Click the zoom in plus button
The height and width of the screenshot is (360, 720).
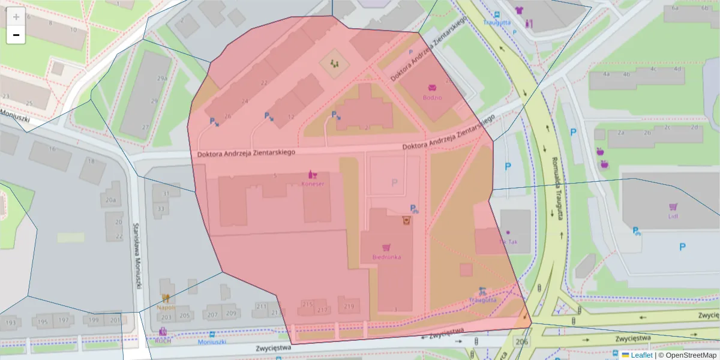point(16,17)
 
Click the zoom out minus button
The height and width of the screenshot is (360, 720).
point(16,35)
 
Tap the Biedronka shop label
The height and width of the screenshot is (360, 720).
point(386,256)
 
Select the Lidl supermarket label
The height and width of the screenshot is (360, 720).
point(673,217)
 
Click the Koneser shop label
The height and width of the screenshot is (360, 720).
point(312,184)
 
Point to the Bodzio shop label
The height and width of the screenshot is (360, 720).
point(432,97)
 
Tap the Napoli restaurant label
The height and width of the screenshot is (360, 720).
point(166,307)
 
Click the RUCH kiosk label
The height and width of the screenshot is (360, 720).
point(163,340)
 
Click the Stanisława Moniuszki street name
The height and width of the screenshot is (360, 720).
point(137,255)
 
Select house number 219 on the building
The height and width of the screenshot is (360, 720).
point(349,307)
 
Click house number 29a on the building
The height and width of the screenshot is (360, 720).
point(162,79)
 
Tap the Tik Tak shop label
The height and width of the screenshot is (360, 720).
point(508,242)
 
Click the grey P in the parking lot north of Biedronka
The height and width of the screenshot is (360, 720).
point(394,182)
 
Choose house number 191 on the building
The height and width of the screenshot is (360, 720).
point(11,322)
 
